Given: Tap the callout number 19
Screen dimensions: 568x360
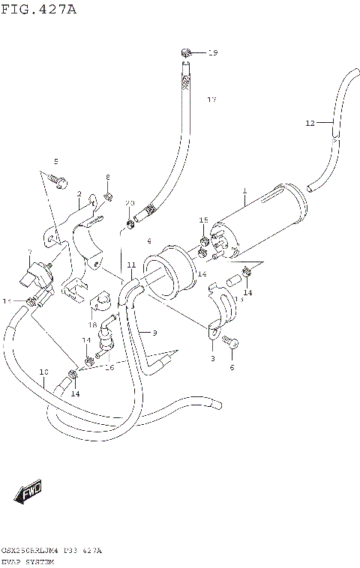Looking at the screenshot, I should coord(212,52).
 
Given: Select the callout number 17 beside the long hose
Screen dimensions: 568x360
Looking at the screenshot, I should coord(211,100).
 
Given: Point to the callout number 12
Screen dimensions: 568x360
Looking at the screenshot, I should coord(310,123).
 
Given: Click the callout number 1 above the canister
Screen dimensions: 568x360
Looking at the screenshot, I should coord(244,192).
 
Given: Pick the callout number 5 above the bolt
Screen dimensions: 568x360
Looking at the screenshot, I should coord(54,162).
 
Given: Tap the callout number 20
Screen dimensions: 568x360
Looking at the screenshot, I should coord(129,203).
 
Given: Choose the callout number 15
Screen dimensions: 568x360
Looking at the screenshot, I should coord(203,220).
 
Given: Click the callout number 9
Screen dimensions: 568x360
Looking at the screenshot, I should coord(154,332).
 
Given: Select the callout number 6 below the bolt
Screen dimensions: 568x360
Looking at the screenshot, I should coord(231,367).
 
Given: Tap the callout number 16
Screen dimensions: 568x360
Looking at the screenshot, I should coord(109,367).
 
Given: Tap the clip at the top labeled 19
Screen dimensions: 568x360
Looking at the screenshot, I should coord(185,52).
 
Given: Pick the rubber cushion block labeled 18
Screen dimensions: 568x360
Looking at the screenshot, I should coord(100,302).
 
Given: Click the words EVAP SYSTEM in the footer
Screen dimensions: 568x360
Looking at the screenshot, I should coord(28,561).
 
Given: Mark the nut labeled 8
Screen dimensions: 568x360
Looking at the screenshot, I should coord(108,197).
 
